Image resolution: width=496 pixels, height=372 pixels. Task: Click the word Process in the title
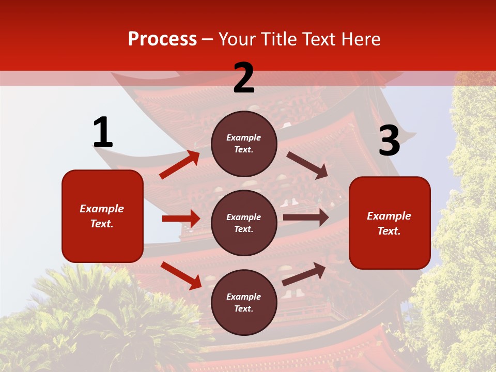tap(162, 39)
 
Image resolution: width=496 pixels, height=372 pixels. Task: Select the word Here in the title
tap(360, 39)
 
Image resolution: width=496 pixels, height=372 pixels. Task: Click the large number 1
tap(103, 133)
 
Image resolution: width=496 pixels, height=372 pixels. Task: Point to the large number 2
tap(244, 78)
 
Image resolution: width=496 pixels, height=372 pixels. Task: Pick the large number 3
tap(389, 141)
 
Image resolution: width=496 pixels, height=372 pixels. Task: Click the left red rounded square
tap(102, 216)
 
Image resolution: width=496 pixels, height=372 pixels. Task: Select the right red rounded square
tap(390, 223)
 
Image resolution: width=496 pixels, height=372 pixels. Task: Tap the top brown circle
tap(244, 144)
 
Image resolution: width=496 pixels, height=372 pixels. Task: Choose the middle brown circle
tap(244, 223)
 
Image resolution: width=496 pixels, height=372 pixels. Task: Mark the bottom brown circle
tap(244, 302)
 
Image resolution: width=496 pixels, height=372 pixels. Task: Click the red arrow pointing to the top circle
tap(179, 165)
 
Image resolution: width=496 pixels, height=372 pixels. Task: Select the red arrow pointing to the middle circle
tap(181, 219)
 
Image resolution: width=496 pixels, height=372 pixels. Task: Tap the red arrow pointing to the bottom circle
tap(181, 275)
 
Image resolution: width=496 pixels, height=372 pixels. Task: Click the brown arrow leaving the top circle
tap(307, 165)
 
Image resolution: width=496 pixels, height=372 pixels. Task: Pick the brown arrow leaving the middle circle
tap(305, 218)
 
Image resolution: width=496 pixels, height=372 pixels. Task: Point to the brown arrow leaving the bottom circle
tap(304, 274)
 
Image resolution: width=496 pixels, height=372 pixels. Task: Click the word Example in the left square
tap(102, 209)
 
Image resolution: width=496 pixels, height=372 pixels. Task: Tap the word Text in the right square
tap(389, 231)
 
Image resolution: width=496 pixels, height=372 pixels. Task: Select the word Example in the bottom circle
tap(244, 297)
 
